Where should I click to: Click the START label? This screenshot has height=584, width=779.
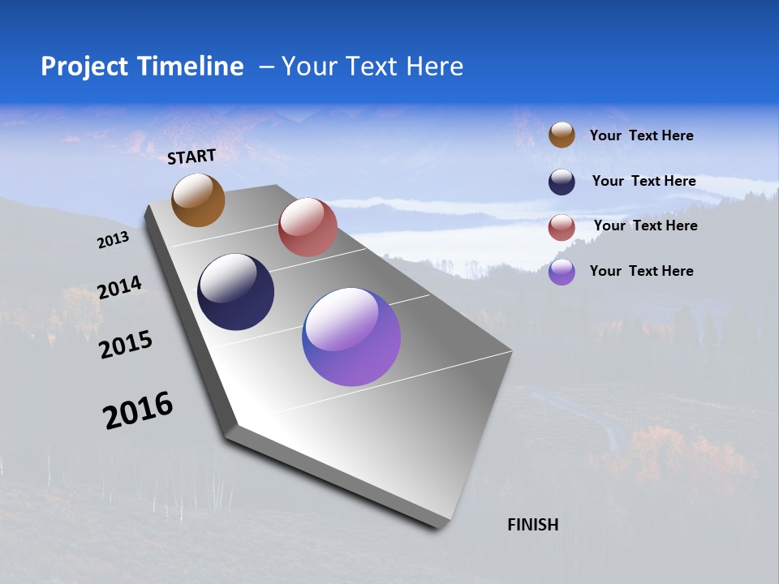(x=192, y=156)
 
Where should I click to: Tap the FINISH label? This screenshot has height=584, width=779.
(x=532, y=525)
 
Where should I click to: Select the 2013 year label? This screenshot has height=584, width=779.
(x=114, y=240)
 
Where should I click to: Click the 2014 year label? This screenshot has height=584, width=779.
(x=119, y=287)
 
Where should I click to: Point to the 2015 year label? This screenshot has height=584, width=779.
(x=126, y=345)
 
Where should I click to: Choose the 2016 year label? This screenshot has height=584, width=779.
(x=138, y=410)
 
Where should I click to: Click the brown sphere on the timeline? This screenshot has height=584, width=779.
(x=198, y=200)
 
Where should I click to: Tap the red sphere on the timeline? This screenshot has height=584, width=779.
(x=308, y=227)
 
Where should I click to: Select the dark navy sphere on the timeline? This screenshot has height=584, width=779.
(x=235, y=292)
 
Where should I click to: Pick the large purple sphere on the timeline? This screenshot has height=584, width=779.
(x=351, y=337)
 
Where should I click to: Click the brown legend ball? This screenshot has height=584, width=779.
(x=562, y=135)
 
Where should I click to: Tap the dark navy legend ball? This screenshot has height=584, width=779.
(x=562, y=182)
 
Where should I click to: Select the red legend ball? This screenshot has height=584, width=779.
(x=562, y=227)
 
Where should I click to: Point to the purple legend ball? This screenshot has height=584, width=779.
(x=562, y=272)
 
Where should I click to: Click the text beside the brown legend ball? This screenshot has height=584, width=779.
(x=641, y=136)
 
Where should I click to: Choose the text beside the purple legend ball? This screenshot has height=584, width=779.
(x=641, y=271)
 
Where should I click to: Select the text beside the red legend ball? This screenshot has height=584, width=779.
(x=645, y=225)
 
